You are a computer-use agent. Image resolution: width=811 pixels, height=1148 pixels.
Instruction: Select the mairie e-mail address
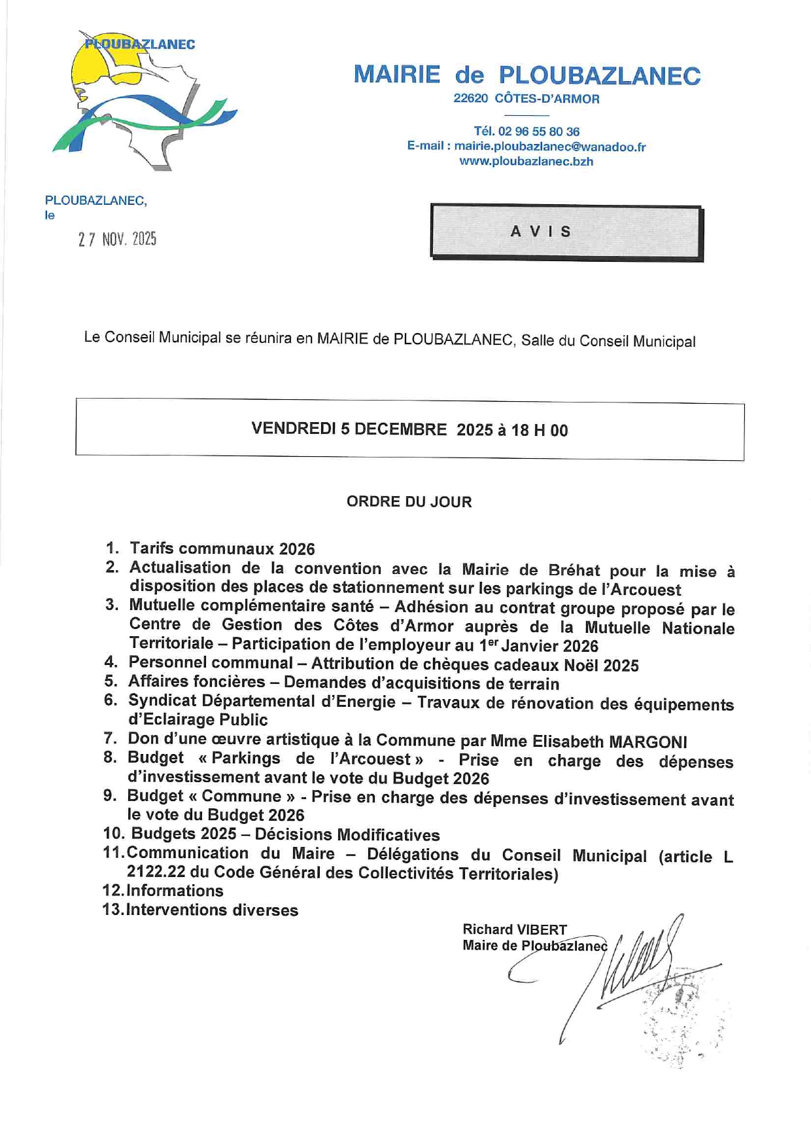pyautogui.click(x=549, y=147)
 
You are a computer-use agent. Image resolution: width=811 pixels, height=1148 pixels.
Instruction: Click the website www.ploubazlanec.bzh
pyautogui.click(x=526, y=162)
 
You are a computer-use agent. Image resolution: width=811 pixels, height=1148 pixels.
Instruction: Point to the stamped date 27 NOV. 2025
pyautogui.click(x=117, y=240)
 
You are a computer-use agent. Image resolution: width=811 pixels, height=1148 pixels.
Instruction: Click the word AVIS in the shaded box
pyautogui.click(x=541, y=232)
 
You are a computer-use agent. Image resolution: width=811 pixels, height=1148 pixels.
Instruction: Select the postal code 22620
pyautogui.click(x=470, y=99)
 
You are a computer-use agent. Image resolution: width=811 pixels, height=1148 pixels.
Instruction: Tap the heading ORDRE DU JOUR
pyautogui.click(x=409, y=502)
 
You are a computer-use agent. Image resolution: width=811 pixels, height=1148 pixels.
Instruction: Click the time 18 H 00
pyautogui.click(x=540, y=431)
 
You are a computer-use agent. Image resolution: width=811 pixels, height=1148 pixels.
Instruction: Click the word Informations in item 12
pyautogui.click(x=175, y=891)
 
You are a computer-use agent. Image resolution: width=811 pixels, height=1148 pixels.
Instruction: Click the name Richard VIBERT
pyautogui.click(x=514, y=929)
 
